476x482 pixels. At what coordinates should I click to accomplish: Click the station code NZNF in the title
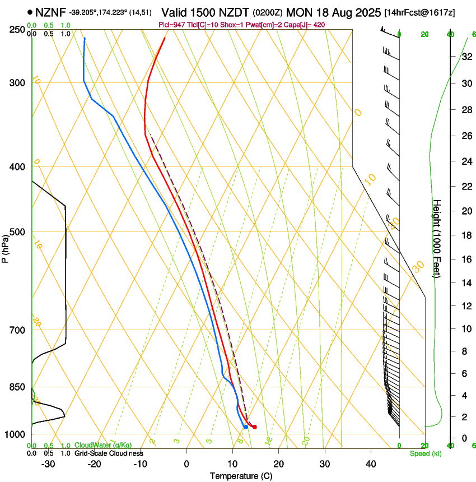pyautogui.click(x=51, y=11)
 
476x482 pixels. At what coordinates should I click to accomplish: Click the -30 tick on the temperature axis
pyautogui.click(x=48, y=464)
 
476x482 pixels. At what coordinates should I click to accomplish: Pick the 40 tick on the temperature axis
pyautogui.click(x=370, y=464)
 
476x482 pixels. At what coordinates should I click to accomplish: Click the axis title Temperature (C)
pyautogui.click(x=241, y=476)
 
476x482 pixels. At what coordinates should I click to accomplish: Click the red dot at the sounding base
pyautogui.click(x=255, y=427)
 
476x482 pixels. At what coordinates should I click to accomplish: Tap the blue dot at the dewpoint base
pyautogui.click(x=246, y=427)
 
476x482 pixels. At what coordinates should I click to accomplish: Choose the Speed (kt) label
pyautogui.click(x=425, y=453)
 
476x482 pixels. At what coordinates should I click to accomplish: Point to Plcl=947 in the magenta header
pyautogui.click(x=174, y=25)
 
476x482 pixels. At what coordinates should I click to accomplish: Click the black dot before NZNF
pyautogui.click(x=29, y=11)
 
